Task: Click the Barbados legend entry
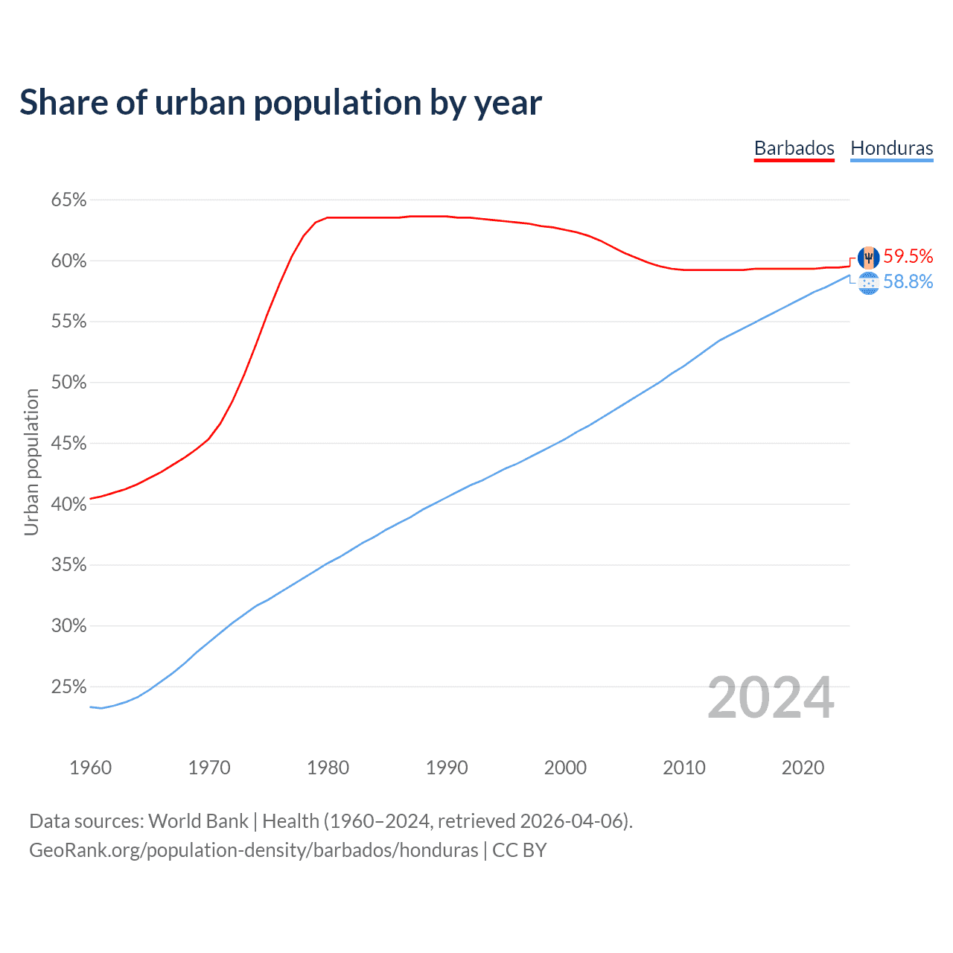point(794,148)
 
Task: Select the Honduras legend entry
point(891,148)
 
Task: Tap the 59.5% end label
point(908,257)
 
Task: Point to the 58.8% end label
point(908,282)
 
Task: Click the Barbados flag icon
point(868,258)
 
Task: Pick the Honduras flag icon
point(868,283)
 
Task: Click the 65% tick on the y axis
point(68,200)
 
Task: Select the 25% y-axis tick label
point(68,687)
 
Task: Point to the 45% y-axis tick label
point(68,444)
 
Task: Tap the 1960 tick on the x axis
point(90,768)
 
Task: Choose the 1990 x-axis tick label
point(447,768)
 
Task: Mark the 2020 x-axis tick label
point(803,768)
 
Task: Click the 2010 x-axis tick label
point(684,768)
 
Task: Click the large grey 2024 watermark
point(771,698)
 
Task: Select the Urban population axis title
point(31,462)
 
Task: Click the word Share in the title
point(63,103)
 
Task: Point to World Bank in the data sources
point(198,821)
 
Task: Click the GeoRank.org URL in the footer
point(253,850)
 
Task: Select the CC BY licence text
point(520,850)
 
